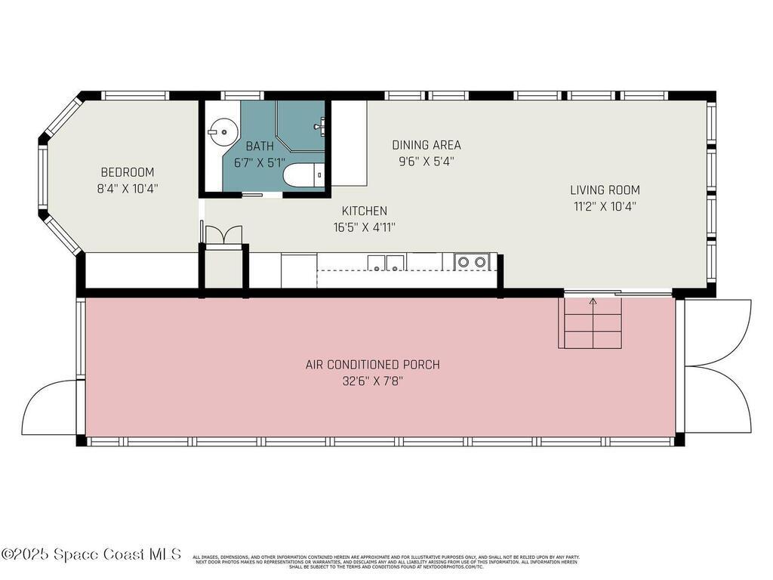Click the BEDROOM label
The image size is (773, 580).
(x=127, y=172)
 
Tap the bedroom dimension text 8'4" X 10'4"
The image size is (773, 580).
(x=127, y=189)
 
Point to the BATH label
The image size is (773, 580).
(x=258, y=147)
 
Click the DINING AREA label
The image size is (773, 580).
(x=427, y=145)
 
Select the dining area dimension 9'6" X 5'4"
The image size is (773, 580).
(x=427, y=161)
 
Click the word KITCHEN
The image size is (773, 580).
(x=365, y=211)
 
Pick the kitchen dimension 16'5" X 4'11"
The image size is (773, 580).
(x=365, y=227)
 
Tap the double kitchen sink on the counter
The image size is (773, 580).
(x=386, y=262)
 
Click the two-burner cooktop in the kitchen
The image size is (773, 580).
(x=473, y=262)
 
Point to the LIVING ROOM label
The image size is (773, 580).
(x=605, y=190)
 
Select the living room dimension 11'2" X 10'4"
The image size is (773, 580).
(x=605, y=206)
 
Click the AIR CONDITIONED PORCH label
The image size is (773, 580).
(x=372, y=365)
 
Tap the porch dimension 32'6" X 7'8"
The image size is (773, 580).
(x=372, y=381)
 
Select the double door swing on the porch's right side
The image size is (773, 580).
(x=717, y=366)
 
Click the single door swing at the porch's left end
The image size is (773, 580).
(x=50, y=408)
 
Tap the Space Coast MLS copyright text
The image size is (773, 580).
(x=91, y=554)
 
